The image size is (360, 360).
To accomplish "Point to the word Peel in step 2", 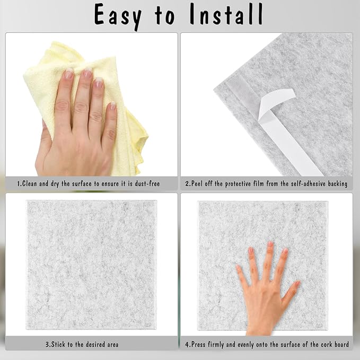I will click(200, 184).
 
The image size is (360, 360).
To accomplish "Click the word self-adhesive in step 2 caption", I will click(303, 184).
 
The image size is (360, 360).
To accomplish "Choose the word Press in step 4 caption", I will click(201, 345).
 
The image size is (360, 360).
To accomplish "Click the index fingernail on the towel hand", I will click(69, 74).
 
